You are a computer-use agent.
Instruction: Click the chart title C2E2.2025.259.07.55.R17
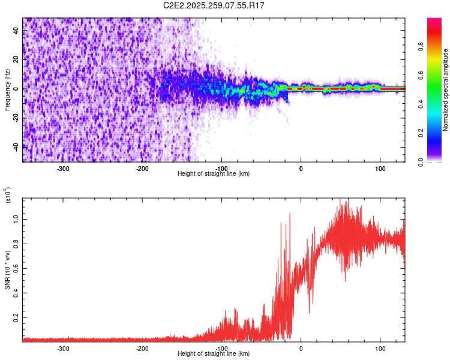[x=214, y=5]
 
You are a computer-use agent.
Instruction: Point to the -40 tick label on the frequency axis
[x=16, y=147]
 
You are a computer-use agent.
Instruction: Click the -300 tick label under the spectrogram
[x=64, y=168]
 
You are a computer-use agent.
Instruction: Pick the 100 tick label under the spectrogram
[x=380, y=168]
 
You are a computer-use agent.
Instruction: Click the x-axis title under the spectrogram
[x=214, y=174]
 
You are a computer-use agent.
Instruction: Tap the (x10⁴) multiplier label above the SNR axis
[x=7, y=196]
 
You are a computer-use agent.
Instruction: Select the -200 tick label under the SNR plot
[x=143, y=348]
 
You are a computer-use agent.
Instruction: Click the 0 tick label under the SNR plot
[x=301, y=348]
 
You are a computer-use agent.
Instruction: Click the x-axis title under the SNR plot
[x=214, y=354]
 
